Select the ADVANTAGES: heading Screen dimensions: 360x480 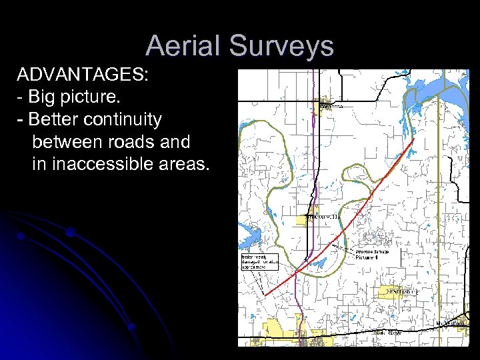(x=83, y=75)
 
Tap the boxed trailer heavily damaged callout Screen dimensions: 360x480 (x=255, y=261)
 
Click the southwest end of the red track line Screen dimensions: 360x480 (x=265, y=294)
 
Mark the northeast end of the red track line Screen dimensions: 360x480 (x=415, y=139)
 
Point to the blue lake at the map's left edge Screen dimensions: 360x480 (x=250, y=233)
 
